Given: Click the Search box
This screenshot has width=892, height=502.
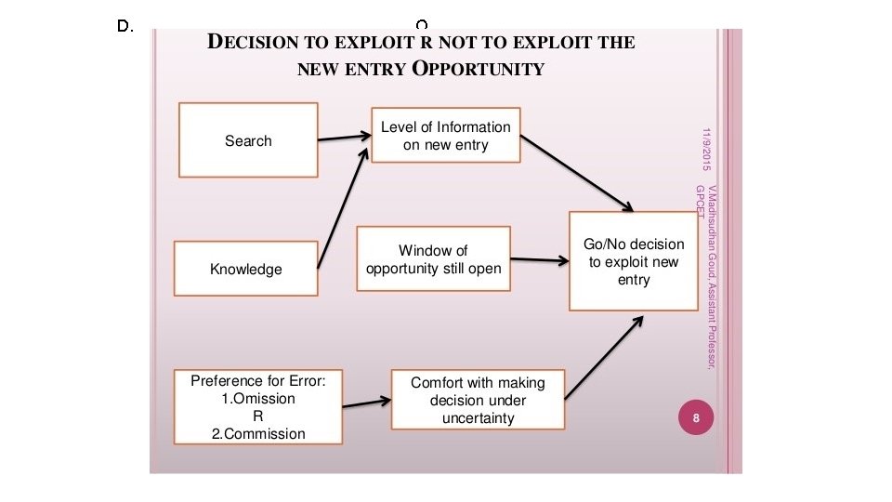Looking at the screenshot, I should [248, 140].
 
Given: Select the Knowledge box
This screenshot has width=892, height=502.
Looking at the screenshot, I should [245, 269].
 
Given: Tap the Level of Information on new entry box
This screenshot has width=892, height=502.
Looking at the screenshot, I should [445, 136].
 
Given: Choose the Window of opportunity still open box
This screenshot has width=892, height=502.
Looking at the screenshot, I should [433, 259].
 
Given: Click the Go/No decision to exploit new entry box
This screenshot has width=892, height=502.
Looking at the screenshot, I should [633, 261].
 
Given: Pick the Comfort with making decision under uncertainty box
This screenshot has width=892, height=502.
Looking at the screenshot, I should [478, 400].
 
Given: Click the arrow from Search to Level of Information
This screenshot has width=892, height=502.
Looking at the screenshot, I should [344, 138].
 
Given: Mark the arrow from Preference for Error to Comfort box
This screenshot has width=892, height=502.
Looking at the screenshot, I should [366, 403].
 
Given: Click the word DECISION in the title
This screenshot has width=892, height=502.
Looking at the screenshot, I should [250, 43].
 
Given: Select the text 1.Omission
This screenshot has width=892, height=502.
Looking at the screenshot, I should [257, 399].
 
